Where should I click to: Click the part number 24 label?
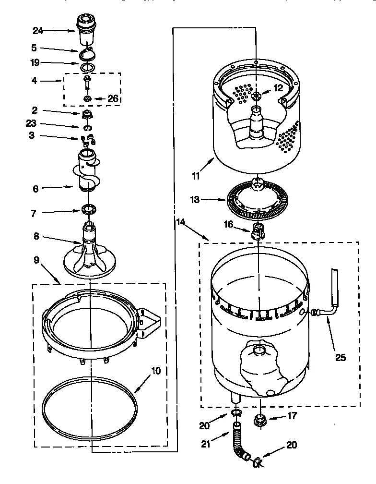[38, 30]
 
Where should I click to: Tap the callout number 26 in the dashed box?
[113, 99]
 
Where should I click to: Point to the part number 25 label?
[340, 357]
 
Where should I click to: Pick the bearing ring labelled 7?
[90, 209]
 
